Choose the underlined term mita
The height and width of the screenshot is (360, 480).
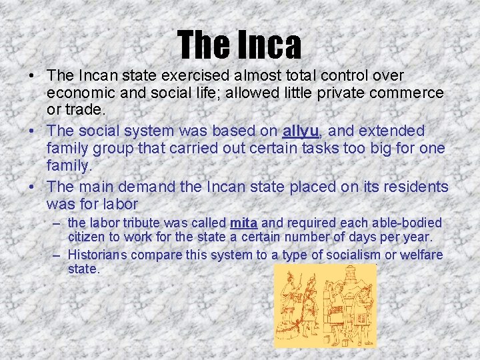pyautogui.click(x=243, y=223)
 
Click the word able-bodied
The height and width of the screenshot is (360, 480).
pyautogui.click(x=405, y=223)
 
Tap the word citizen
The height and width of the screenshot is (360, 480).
pyautogui.click(x=87, y=237)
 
